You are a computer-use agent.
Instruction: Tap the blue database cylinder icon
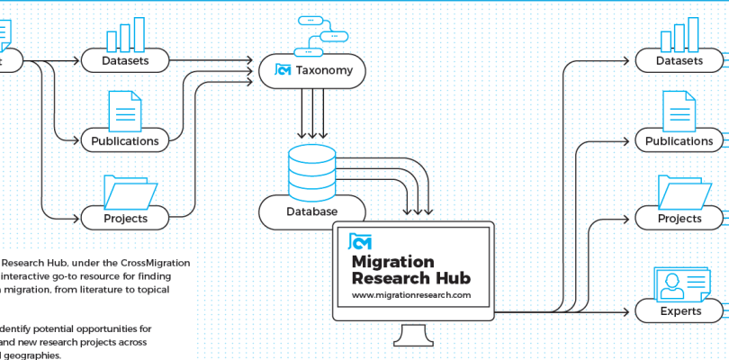[x=311, y=170]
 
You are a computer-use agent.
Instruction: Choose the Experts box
[x=680, y=311]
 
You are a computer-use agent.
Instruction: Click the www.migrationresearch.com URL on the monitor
[x=411, y=294]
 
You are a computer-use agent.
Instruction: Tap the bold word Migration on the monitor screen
[x=400, y=260]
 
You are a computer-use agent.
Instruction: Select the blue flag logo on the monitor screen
[x=360, y=241]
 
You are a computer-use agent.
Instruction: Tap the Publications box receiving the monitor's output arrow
[x=680, y=140]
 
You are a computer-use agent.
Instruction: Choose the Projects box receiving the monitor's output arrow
[x=680, y=218]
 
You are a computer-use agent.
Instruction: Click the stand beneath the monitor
[x=414, y=337]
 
